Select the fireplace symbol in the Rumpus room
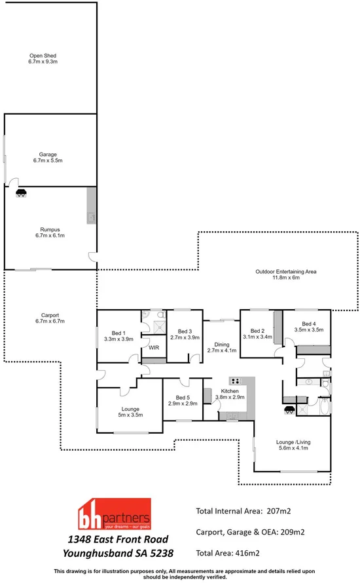coord(22,193)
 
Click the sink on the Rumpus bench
coord(92,216)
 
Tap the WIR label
coord(154,348)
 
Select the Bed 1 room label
coord(118,331)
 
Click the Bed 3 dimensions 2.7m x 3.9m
coord(184,337)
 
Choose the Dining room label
coord(220,344)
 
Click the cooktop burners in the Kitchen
coord(234,381)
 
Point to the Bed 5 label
coord(178,397)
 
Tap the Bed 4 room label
coord(308,324)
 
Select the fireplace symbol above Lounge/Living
coord(288,411)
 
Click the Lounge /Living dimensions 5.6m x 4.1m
coord(293,449)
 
